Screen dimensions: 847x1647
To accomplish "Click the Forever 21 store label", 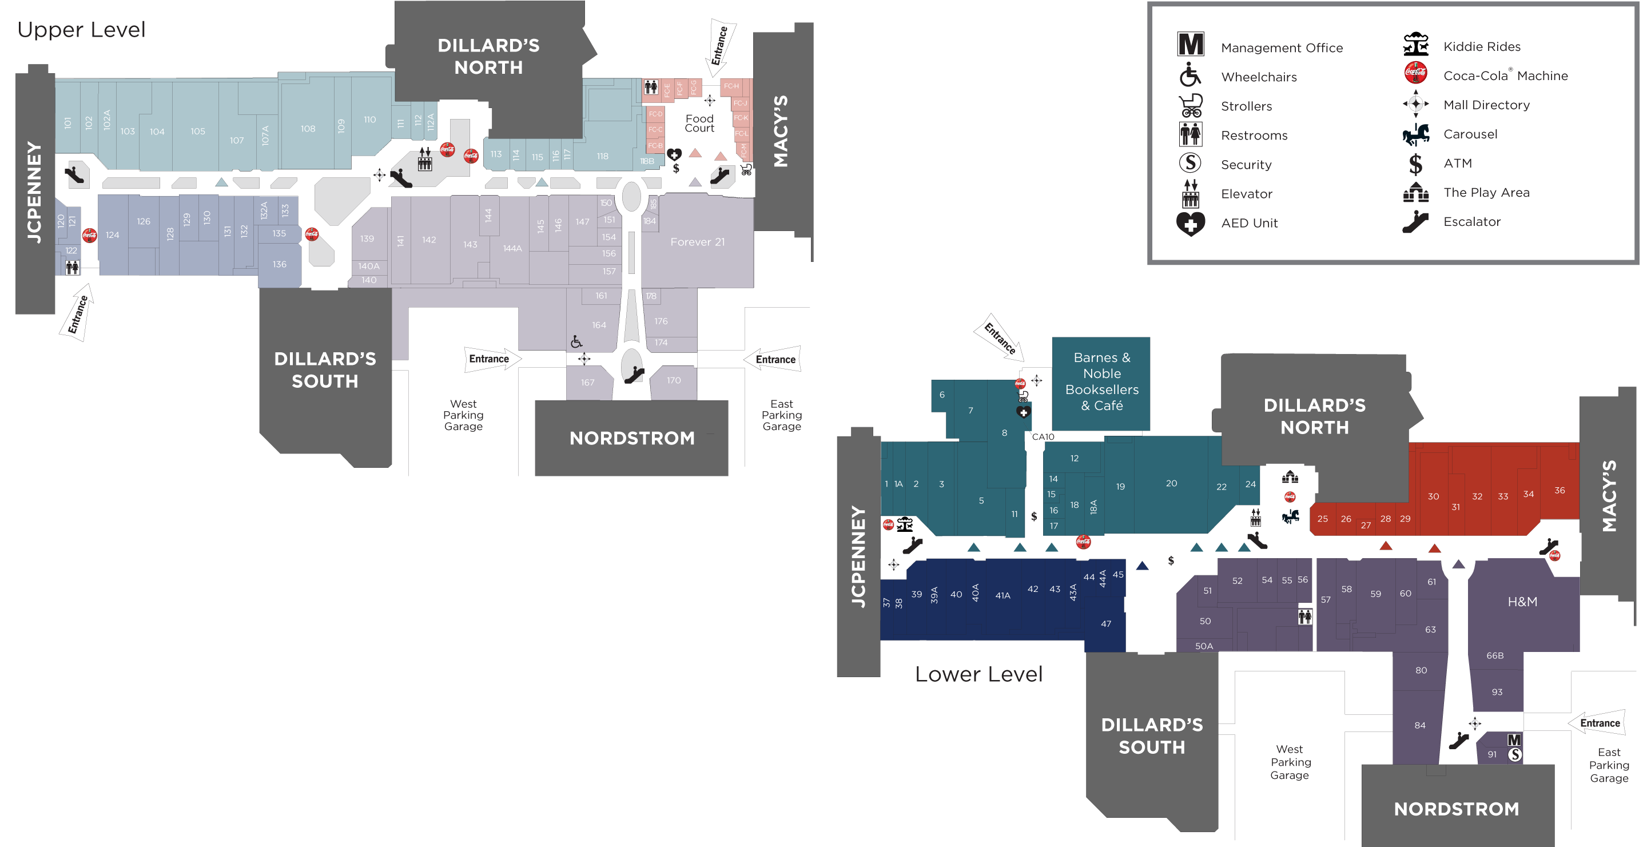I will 697,242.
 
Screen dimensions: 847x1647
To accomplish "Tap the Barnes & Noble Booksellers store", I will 1101,381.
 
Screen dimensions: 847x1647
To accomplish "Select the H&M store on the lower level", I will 1522,602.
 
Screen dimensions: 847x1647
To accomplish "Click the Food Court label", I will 699,123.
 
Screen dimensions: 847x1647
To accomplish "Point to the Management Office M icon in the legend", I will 1190,45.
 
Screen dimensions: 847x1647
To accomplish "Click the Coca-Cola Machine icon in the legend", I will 1415,73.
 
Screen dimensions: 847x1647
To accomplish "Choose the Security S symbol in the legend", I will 1190,162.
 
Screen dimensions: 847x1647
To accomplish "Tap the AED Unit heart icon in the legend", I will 1190,224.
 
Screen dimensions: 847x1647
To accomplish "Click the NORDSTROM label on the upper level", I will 632,438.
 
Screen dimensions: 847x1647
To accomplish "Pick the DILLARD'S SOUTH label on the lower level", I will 1152,736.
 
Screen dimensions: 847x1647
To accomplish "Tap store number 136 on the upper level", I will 280,264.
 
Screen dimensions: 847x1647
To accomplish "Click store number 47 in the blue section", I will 1105,623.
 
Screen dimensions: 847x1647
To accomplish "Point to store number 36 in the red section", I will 1560,490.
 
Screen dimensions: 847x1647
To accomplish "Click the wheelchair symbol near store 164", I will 576,342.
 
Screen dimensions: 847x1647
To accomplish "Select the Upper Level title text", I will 81,29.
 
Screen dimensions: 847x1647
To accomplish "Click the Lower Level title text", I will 978,674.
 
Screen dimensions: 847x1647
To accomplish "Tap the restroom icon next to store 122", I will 72,267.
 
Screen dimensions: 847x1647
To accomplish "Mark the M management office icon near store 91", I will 1513,739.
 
